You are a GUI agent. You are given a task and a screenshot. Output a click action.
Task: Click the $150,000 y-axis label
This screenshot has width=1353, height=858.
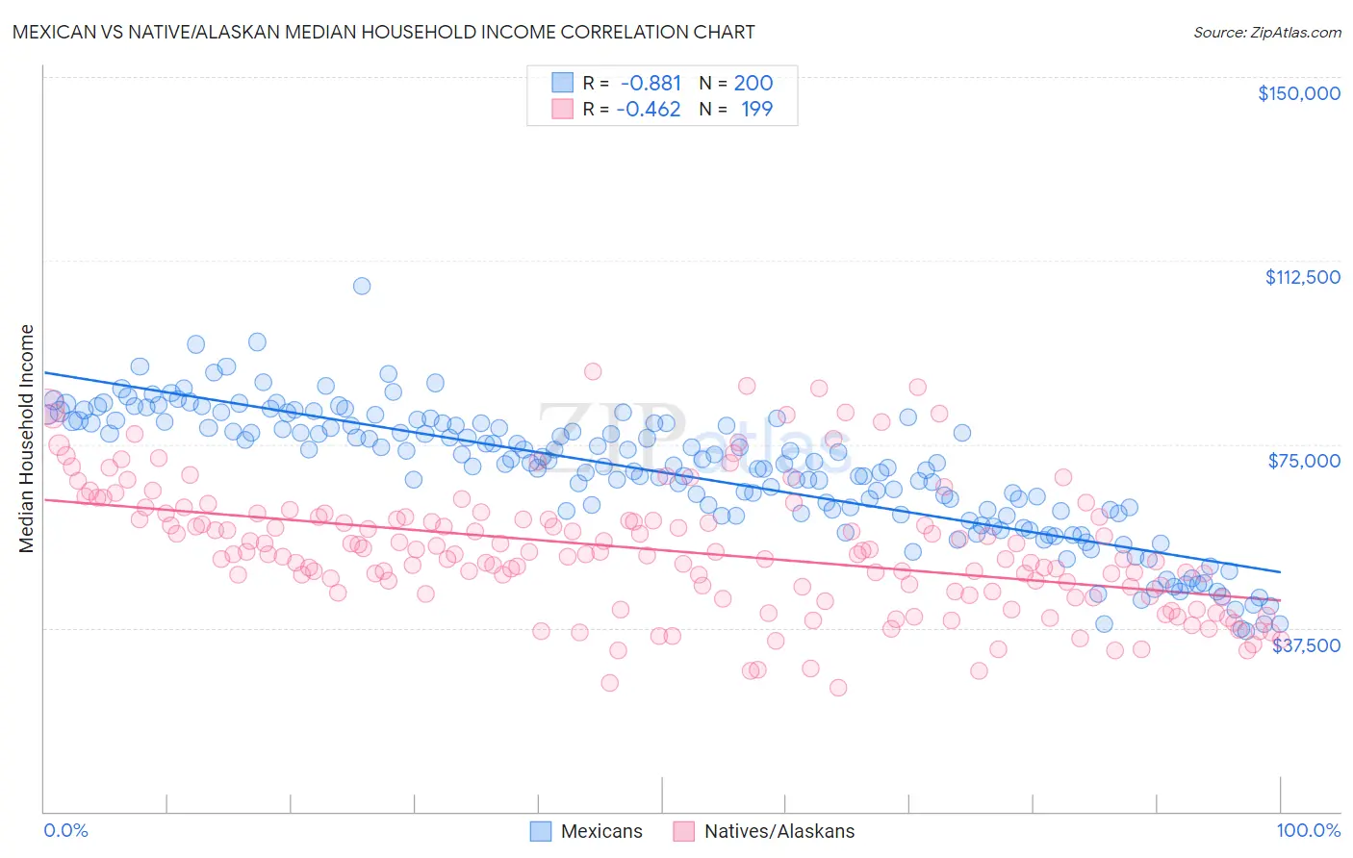[1298, 93]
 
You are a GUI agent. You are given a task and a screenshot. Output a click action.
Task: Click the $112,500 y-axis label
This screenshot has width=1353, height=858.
[1302, 277]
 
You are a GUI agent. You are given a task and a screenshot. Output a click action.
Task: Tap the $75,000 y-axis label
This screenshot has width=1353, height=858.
[1304, 461]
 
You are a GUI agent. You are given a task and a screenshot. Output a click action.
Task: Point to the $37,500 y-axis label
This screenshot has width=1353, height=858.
[1306, 645]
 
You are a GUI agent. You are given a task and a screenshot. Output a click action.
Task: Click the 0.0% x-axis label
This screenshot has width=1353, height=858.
[65, 830]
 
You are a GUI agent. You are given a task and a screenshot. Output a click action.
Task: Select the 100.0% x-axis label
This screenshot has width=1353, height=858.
[1308, 830]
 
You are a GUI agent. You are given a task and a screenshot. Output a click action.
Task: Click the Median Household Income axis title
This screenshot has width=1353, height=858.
[26, 439]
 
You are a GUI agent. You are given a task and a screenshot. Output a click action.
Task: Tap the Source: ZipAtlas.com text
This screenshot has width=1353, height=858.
[1266, 32]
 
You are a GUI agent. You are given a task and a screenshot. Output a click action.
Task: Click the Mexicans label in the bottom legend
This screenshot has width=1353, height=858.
[601, 831]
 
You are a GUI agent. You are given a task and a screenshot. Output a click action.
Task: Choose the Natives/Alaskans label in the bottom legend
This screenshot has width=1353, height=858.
[779, 831]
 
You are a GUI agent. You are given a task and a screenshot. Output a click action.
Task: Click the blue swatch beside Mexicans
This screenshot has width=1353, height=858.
[541, 831]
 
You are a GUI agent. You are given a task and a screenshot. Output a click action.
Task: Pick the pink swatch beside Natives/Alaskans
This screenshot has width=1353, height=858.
[684, 831]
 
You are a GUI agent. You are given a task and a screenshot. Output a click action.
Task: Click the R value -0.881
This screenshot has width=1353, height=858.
[651, 83]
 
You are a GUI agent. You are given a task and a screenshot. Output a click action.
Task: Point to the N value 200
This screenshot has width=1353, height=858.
[753, 83]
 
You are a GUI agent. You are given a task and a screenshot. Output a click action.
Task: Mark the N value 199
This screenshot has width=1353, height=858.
[756, 109]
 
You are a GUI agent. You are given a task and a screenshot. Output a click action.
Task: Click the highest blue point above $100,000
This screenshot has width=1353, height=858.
[362, 286]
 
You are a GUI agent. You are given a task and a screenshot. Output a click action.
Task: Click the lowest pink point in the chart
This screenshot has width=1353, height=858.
[838, 688]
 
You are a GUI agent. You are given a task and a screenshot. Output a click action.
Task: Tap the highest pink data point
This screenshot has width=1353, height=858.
[593, 371]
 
